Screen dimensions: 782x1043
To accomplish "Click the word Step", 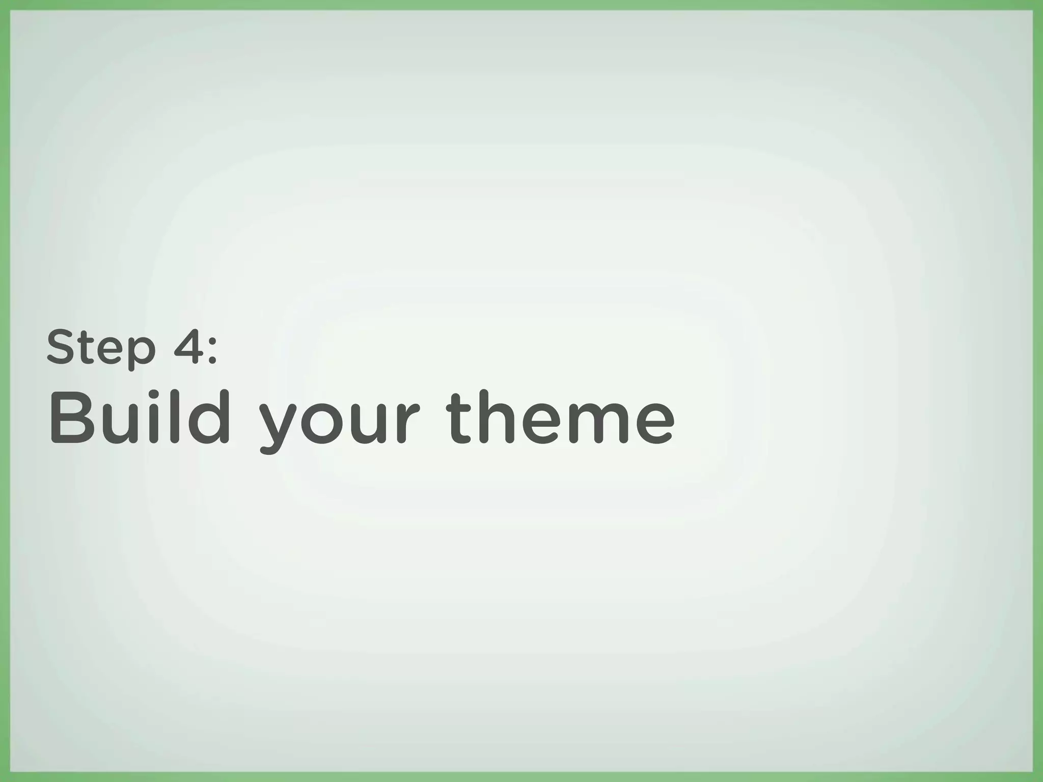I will pos(100,348).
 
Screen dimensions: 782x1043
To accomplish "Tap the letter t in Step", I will pos(89,348).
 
